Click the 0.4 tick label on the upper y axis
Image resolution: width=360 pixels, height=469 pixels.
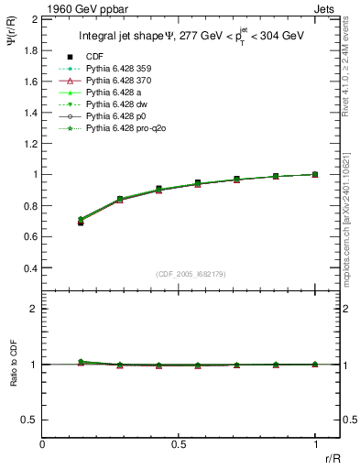(x=30, y=268)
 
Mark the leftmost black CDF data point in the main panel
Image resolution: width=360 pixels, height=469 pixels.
(x=81, y=223)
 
